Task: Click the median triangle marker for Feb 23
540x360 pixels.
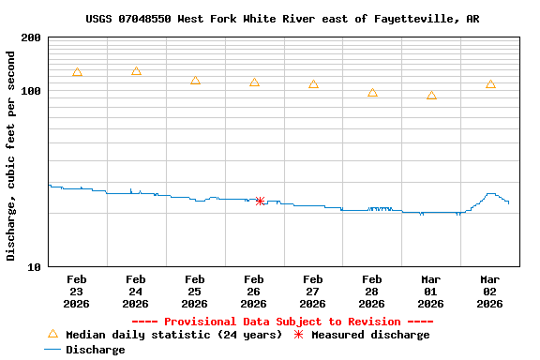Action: tap(77, 72)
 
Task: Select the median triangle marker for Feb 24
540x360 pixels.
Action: tap(136, 71)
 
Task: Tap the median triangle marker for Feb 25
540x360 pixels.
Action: tap(195, 81)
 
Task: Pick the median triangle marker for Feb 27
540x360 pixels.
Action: tap(313, 84)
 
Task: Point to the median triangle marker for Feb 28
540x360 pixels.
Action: tap(372, 93)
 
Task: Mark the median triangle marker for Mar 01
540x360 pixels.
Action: tap(431, 96)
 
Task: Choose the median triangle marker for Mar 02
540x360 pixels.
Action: tap(490, 84)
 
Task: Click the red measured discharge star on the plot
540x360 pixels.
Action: tap(260, 201)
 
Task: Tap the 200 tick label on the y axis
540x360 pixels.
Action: tap(30, 38)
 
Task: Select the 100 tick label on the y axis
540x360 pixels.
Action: tap(30, 91)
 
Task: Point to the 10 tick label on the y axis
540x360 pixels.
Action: tap(34, 267)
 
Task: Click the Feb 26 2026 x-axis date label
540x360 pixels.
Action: tap(253, 292)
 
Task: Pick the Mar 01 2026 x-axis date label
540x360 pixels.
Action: tap(430, 292)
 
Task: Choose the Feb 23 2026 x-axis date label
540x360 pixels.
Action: tap(77, 292)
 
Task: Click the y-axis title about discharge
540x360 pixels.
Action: tap(11, 156)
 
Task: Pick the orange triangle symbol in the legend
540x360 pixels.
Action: tap(52, 334)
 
